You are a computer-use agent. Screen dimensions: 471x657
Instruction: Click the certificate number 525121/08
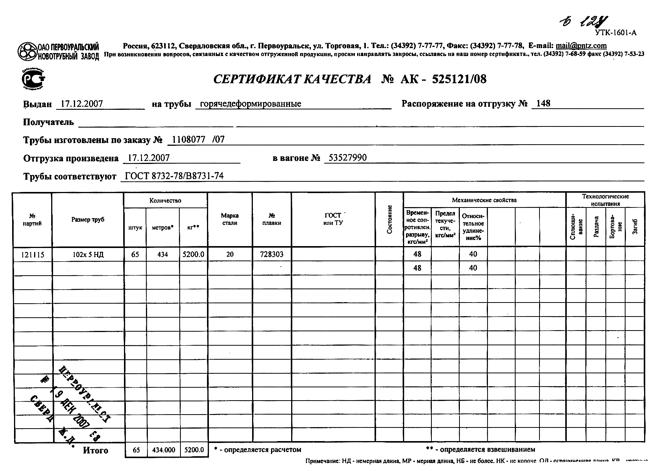click(x=459, y=79)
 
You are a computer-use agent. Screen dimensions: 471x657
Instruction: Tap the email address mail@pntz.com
click(x=581, y=46)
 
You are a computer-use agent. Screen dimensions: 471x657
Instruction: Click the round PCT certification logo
click(x=33, y=79)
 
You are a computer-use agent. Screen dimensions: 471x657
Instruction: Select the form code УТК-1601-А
click(x=616, y=33)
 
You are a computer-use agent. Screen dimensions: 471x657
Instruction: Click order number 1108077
click(x=188, y=140)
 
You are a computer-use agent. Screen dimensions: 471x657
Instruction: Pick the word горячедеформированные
click(x=250, y=104)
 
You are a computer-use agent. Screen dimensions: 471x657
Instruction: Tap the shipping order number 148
click(x=543, y=103)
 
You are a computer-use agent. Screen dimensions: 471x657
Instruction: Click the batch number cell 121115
click(x=33, y=255)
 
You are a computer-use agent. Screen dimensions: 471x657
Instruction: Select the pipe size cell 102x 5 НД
click(x=88, y=255)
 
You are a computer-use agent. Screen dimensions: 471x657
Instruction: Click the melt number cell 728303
click(x=271, y=254)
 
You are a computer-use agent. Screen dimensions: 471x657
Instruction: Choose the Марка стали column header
click(x=230, y=219)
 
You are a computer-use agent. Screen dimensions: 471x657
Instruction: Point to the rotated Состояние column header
click(x=389, y=220)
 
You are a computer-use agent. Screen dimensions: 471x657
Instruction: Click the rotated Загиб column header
click(x=635, y=226)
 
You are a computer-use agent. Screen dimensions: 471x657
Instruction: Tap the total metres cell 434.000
click(x=163, y=450)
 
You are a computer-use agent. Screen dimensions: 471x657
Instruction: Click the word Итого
click(x=96, y=450)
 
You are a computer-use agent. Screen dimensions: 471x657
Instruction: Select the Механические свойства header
click(x=484, y=200)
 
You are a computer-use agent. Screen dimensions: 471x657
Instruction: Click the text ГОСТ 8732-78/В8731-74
click(x=174, y=176)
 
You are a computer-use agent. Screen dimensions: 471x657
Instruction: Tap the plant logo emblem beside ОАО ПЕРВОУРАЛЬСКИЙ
click(x=27, y=51)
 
